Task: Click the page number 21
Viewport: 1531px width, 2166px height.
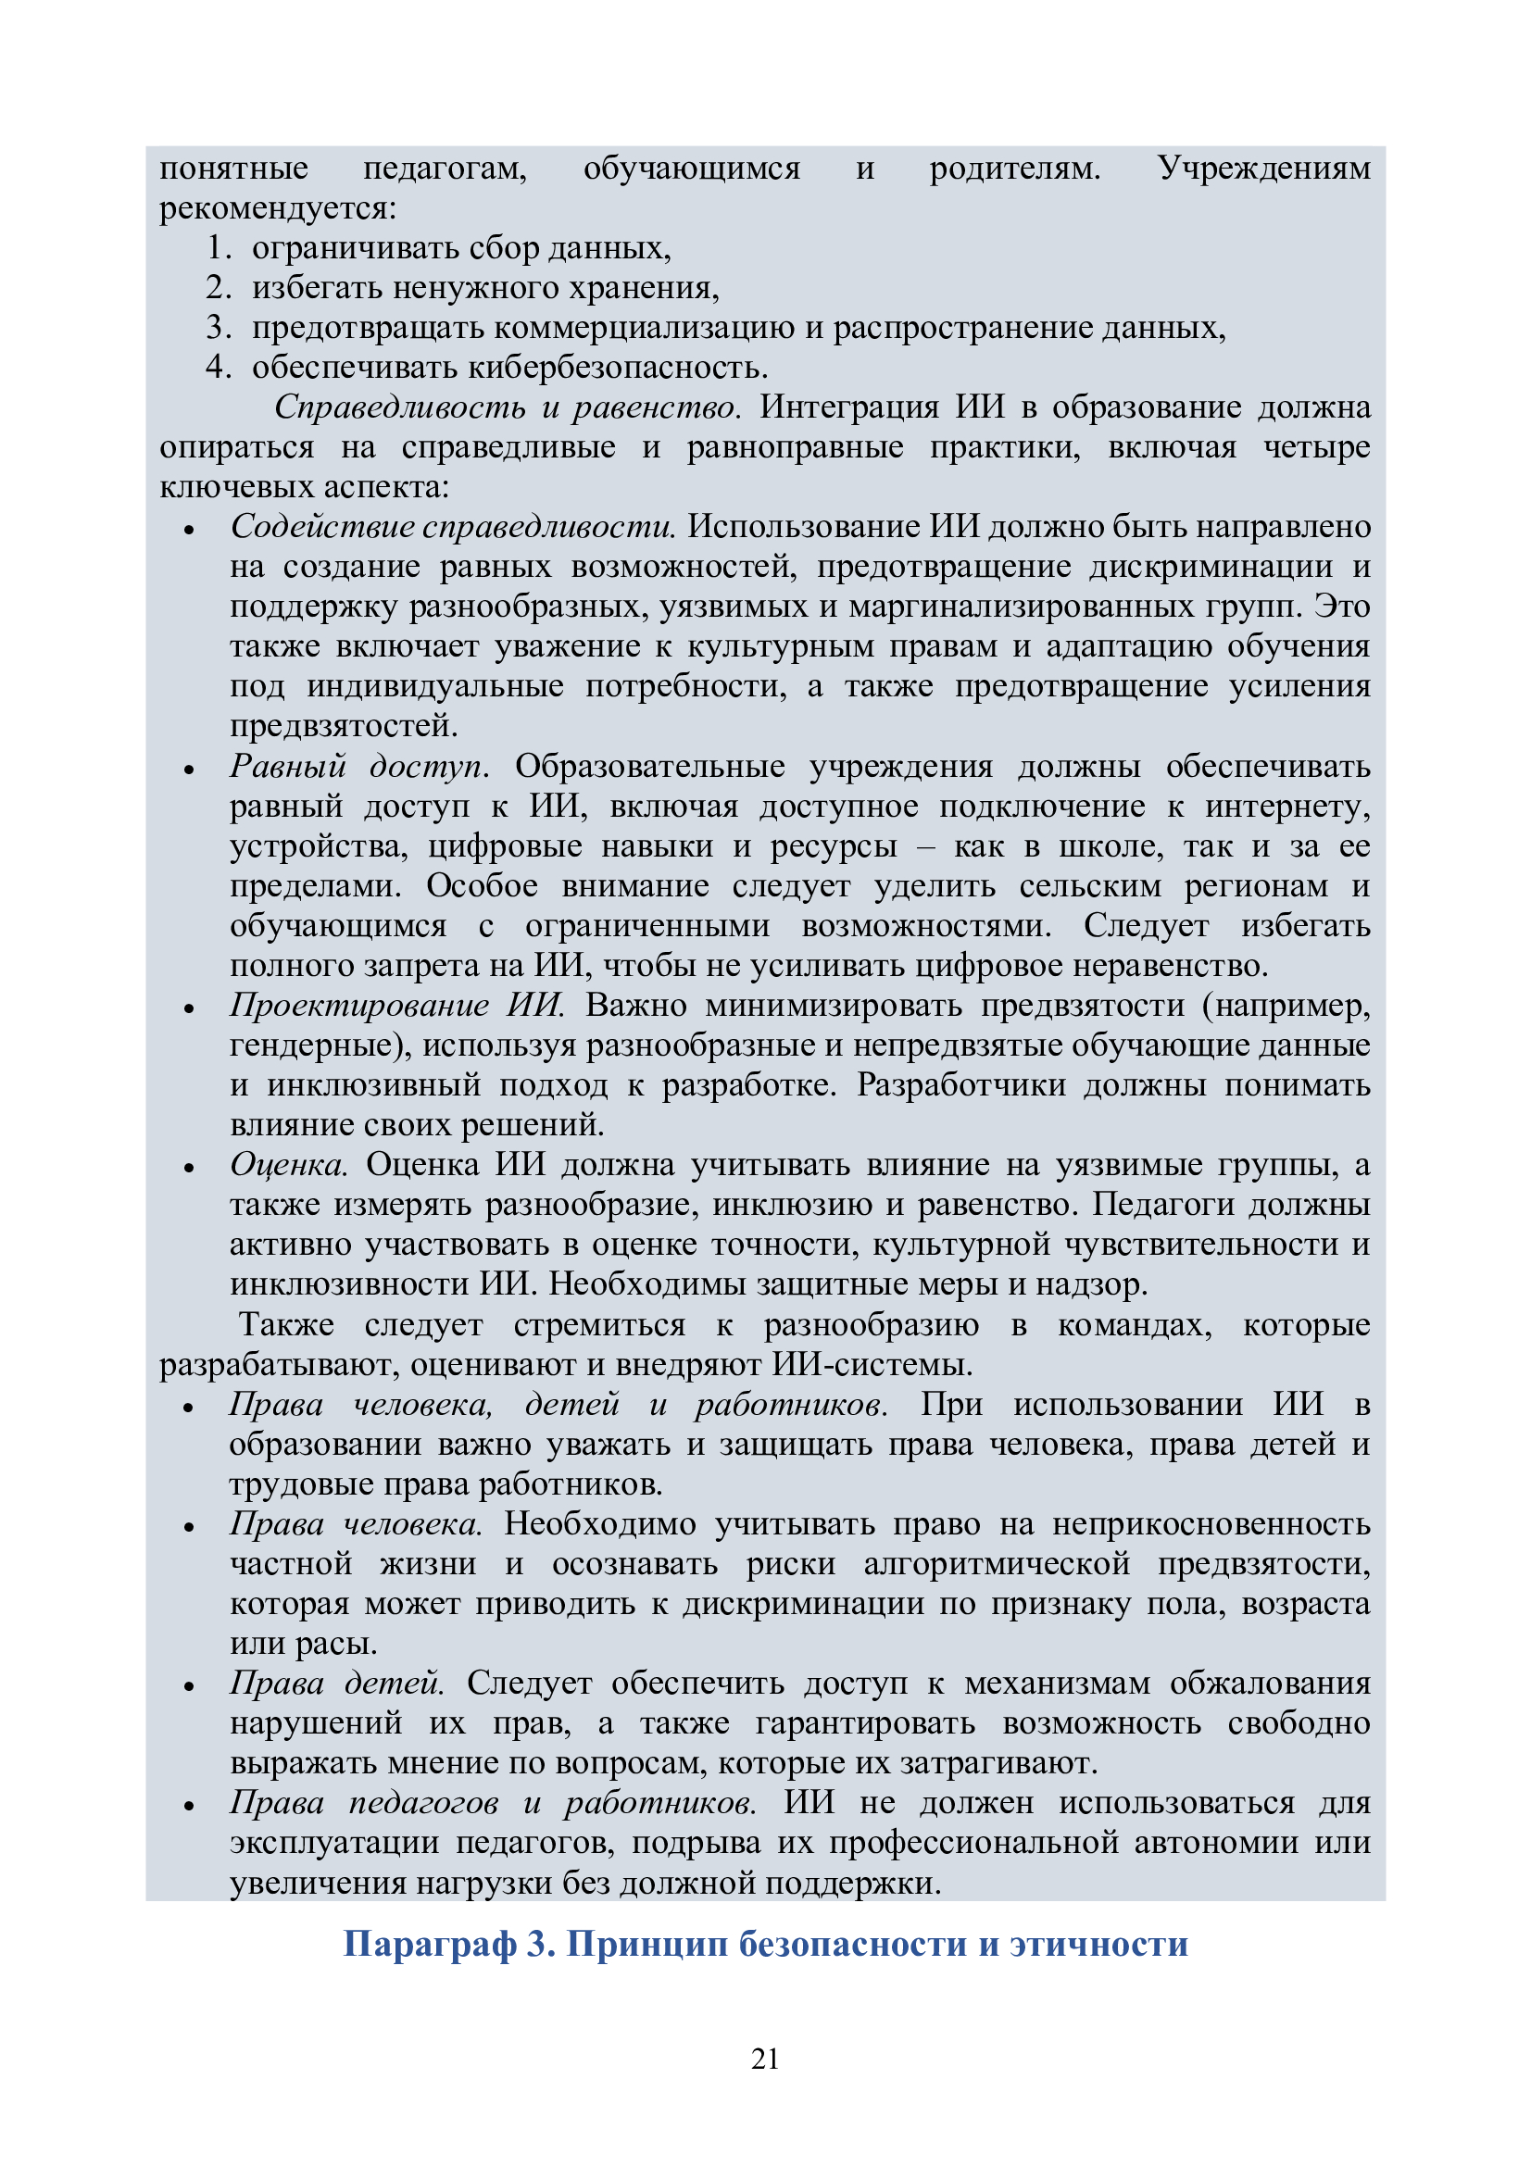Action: (765, 2058)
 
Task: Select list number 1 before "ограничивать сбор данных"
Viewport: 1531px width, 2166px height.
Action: (218, 248)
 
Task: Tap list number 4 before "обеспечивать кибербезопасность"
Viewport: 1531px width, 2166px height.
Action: (218, 367)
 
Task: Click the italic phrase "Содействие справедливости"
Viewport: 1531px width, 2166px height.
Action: (453, 526)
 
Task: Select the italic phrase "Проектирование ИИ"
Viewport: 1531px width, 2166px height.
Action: (397, 1006)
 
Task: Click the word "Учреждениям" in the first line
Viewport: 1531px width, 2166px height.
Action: (1264, 169)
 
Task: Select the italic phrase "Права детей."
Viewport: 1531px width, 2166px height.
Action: (337, 1683)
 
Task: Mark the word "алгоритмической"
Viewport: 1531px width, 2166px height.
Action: (998, 1564)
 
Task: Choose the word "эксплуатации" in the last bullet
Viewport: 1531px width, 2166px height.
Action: (335, 1843)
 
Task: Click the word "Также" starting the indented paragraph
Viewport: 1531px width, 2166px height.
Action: (287, 1324)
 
